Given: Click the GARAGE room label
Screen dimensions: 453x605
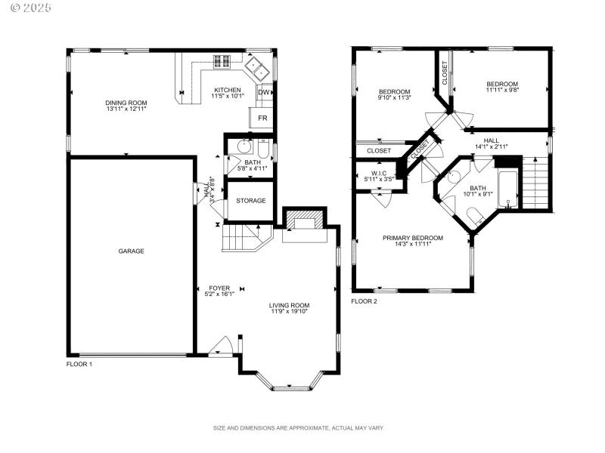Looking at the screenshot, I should (x=130, y=251).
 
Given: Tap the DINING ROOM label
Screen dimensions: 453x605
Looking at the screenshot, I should (x=126, y=103).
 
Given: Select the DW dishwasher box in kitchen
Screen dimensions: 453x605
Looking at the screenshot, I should (x=264, y=93).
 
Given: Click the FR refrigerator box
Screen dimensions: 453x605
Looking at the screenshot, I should (x=262, y=119).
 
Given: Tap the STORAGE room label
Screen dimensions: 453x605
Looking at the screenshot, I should (x=250, y=200).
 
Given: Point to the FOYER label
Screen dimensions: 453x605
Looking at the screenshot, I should (x=219, y=288).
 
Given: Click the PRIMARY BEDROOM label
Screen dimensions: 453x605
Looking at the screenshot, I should (x=412, y=238).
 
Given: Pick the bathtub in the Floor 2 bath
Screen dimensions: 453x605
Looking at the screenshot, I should (x=507, y=189).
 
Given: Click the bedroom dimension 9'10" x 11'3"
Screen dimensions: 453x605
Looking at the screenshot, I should (x=394, y=97).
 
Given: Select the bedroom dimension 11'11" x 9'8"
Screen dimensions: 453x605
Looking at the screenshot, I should (x=502, y=89).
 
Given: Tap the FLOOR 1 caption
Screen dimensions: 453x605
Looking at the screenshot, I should (x=79, y=364).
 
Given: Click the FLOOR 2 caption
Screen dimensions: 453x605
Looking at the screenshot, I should (x=364, y=300).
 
